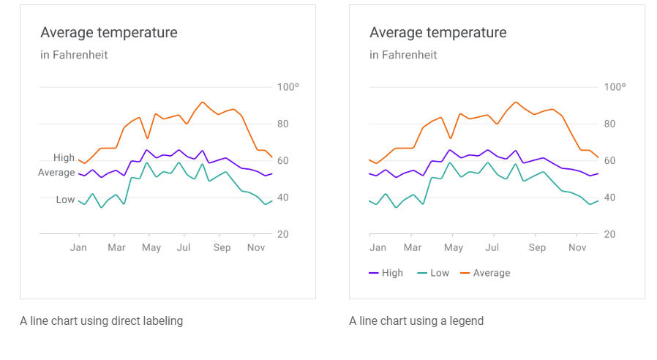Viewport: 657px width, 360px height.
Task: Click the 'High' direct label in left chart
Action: coord(64,158)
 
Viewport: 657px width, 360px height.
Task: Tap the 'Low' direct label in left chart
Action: coord(65,200)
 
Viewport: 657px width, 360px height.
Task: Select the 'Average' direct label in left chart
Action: coord(56,173)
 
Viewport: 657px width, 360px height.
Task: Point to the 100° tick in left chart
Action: coord(288,87)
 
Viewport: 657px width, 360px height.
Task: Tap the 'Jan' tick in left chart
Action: coord(78,247)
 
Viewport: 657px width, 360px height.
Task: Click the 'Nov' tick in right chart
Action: coord(577,247)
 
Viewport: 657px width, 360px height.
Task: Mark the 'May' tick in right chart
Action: coord(454,247)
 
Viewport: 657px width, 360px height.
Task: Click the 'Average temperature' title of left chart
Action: coord(109,32)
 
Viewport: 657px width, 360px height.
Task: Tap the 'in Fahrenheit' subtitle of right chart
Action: coord(403,55)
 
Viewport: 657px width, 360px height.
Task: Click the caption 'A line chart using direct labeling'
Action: coord(101,320)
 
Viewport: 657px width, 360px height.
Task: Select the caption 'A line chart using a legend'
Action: coord(416,320)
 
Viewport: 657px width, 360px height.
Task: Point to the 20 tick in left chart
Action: coord(282,234)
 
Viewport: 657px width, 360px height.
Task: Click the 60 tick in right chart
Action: coord(609,161)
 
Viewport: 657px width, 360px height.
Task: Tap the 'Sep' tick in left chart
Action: coord(222,247)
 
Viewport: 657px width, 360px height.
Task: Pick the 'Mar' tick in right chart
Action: coord(413,247)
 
